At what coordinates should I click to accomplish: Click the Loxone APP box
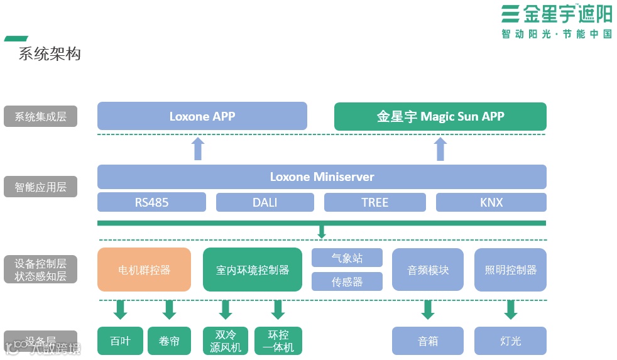pos(202,116)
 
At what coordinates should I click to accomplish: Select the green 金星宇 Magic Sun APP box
pos(440,116)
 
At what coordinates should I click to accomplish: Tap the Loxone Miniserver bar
pos(322,177)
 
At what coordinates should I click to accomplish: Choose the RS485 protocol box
pos(151,202)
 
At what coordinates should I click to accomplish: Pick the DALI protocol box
pos(265,202)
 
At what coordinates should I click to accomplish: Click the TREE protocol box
pos(374,202)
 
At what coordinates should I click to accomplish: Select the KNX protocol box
pos(491,202)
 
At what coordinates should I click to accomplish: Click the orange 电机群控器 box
pos(144,270)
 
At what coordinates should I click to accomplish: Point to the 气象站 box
pos(347,258)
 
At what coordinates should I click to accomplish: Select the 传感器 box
pos(347,281)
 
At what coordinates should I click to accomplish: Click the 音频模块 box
pos(427,270)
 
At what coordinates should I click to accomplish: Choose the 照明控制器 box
pos(510,270)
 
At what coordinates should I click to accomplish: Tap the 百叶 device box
pos(120,341)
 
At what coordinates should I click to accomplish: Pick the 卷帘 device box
pos(169,341)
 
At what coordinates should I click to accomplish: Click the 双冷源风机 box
pos(226,341)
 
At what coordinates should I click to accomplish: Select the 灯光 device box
pos(510,341)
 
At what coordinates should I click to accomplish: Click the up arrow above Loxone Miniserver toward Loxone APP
pos(198,149)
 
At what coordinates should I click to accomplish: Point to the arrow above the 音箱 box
pos(428,309)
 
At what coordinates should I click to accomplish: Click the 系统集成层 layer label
pos(40,116)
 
